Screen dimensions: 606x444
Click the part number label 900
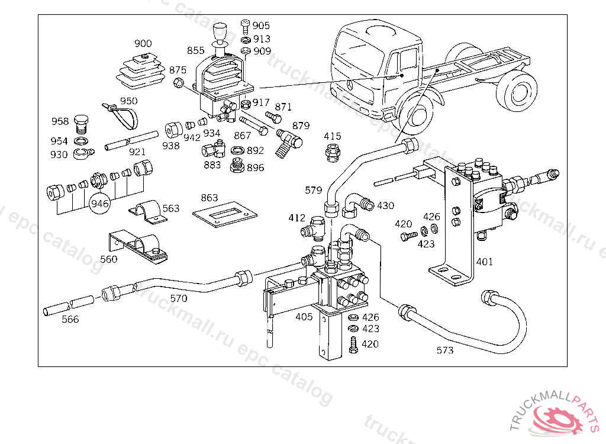[x=143, y=43]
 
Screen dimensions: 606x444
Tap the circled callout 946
[x=99, y=204]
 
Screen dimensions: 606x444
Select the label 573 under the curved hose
[x=445, y=350]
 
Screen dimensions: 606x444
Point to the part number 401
[x=485, y=262]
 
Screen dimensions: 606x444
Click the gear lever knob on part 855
[x=220, y=31]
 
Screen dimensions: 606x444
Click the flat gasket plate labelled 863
[x=225, y=214]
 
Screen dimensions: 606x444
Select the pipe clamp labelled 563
[x=148, y=212]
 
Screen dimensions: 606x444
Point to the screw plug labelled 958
[x=80, y=124]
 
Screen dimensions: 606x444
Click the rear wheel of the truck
[x=518, y=91]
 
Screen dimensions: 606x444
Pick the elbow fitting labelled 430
[x=357, y=205]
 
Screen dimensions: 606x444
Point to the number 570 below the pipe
[x=179, y=298]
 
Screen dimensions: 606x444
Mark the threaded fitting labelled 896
[x=237, y=166]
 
